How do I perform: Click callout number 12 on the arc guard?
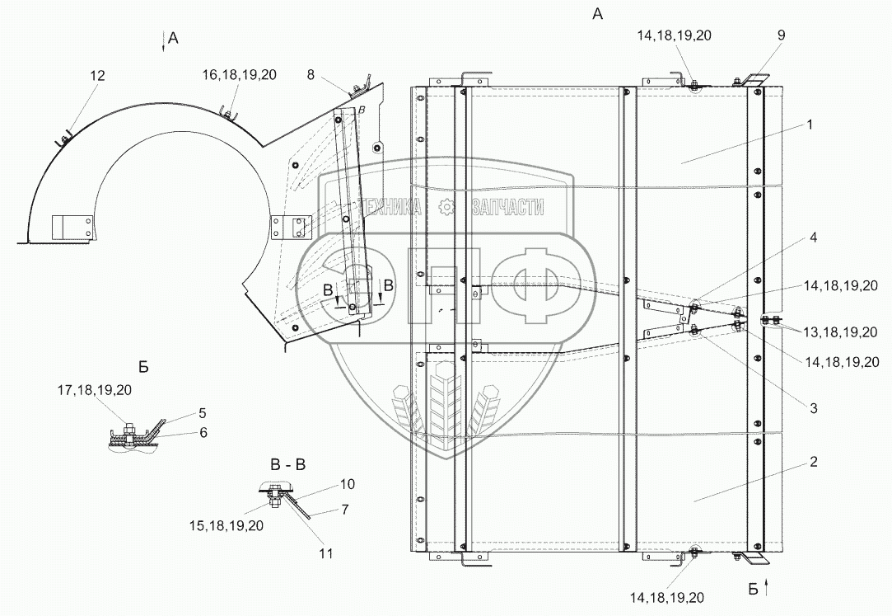pyautogui.click(x=98, y=76)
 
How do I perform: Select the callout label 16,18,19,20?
pyautogui.click(x=240, y=74)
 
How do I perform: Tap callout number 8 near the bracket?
pyautogui.click(x=310, y=74)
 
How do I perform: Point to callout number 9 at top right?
pyautogui.click(x=781, y=35)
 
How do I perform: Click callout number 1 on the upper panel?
pyautogui.click(x=810, y=125)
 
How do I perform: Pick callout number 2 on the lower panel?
pyautogui.click(x=814, y=461)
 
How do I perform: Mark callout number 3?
pyautogui.click(x=814, y=407)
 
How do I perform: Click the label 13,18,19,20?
pyautogui.click(x=841, y=332)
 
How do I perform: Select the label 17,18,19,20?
pyautogui.click(x=94, y=390)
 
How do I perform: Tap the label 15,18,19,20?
pyautogui.click(x=227, y=525)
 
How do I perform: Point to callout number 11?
pyautogui.click(x=325, y=553)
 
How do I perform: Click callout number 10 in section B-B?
pyautogui.click(x=348, y=484)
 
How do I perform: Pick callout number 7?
pyautogui.click(x=345, y=509)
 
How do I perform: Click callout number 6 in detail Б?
pyautogui.click(x=203, y=433)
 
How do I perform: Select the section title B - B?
pyautogui.click(x=287, y=465)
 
